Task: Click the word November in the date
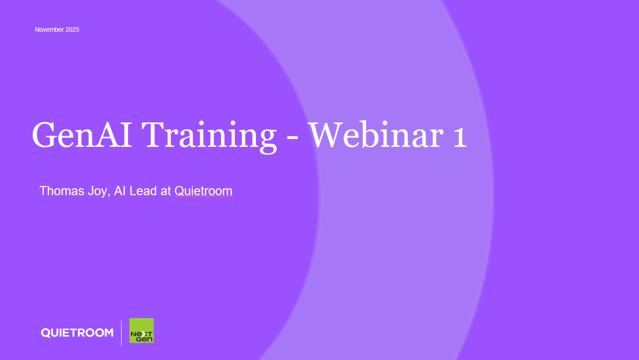click(49, 29)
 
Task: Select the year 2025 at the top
click(72, 29)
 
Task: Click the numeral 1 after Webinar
click(459, 135)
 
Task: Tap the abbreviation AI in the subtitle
click(120, 191)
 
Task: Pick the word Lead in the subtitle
click(143, 191)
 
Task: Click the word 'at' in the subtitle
click(166, 191)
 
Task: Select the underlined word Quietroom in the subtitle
click(203, 191)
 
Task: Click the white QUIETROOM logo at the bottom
click(77, 332)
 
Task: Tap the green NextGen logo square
click(141, 331)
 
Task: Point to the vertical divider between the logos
click(122, 332)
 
